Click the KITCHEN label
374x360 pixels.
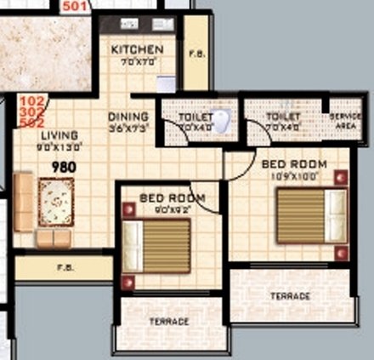point(137,49)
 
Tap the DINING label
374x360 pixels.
point(128,117)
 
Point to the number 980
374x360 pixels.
point(63,167)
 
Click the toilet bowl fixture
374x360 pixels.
point(223,120)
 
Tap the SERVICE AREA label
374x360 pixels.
point(345,118)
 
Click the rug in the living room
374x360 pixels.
point(56,201)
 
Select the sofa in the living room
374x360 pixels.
point(25,202)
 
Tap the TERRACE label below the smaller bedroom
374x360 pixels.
point(168,322)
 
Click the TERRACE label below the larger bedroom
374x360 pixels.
point(291,296)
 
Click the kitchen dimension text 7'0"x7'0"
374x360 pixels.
point(137,62)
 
